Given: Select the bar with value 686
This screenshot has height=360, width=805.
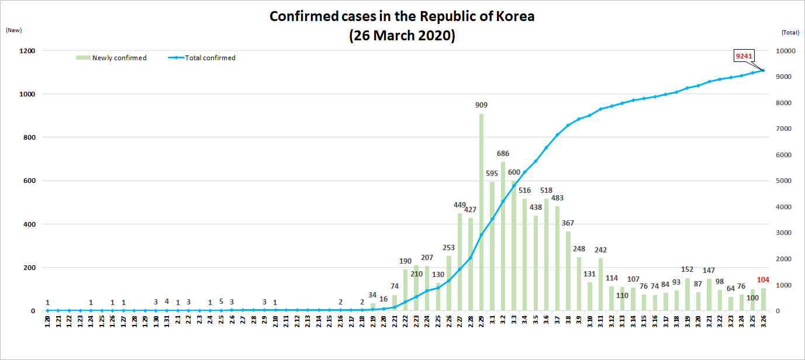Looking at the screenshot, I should click(x=503, y=236).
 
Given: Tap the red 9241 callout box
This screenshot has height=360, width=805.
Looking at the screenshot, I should click(x=744, y=56).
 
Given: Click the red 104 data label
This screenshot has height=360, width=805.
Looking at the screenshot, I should click(x=762, y=280).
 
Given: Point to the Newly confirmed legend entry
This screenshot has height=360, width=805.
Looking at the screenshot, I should click(x=111, y=58).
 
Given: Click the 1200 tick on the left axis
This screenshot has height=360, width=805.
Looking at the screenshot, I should click(x=27, y=51).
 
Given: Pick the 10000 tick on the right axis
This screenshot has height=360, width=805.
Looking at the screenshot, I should click(x=786, y=51).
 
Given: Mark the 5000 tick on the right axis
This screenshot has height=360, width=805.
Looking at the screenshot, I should click(x=785, y=181).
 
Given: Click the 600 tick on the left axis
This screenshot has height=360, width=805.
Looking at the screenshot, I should click(x=29, y=181).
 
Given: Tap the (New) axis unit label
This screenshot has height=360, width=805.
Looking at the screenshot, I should click(x=13, y=30).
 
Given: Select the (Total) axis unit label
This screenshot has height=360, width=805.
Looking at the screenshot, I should click(x=790, y=32).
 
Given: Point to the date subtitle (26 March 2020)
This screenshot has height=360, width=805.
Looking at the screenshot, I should click(x=402, y=35).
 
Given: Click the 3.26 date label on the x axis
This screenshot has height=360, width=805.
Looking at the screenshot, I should click(x=763, y=322).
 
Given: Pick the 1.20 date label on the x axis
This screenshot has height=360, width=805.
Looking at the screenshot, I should click(x=47, y=322).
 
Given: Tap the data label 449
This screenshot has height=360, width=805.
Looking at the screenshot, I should click(x=459, y=205).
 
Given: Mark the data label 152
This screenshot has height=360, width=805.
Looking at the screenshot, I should click(x=688, y=269).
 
